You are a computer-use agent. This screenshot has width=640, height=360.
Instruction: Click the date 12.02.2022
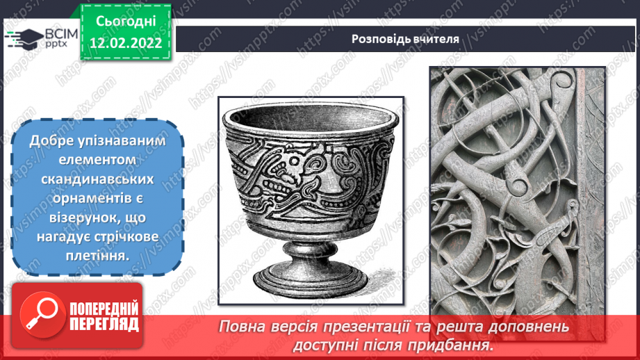coord(125,43)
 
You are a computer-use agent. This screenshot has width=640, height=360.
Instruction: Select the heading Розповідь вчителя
coord(404,39)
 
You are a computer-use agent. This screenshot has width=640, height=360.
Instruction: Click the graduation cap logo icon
coord(19,39)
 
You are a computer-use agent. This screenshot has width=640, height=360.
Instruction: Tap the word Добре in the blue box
coord(48,140)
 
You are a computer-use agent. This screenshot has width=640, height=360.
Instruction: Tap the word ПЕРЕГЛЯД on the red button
coord(104,325)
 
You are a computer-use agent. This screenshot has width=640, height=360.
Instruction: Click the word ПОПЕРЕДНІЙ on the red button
coord(104,309)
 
